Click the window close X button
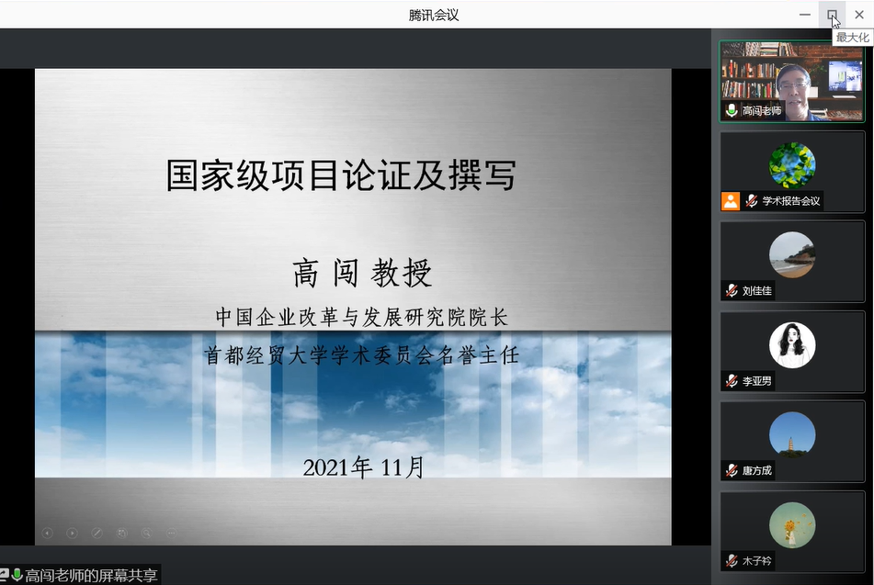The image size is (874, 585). [859, 15]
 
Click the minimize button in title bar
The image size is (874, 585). [805, 15]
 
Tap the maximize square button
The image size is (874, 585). [832, 15]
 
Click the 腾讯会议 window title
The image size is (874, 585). [434, 15]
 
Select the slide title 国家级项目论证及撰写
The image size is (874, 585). [341, 174]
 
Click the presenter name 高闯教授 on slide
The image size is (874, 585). [362, 273]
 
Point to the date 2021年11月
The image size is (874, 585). [363, 467]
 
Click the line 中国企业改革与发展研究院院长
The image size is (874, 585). [362, 317]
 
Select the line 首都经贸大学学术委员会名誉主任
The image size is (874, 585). [362, 354]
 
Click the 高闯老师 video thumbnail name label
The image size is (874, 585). [761, 111]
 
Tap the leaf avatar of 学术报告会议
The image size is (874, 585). [792, 165]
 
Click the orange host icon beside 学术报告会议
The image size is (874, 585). [731, 201]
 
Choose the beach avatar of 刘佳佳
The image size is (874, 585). [792, 255]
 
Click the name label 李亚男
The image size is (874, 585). [757, 381]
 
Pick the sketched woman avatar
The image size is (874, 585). [792, 345]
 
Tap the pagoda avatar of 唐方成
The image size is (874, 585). [792, 435]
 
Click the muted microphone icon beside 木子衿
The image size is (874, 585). [732, 561]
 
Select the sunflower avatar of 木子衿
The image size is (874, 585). [792, 525]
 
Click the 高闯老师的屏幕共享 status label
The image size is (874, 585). [91, 575]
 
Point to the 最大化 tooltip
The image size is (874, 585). [852, 38]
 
